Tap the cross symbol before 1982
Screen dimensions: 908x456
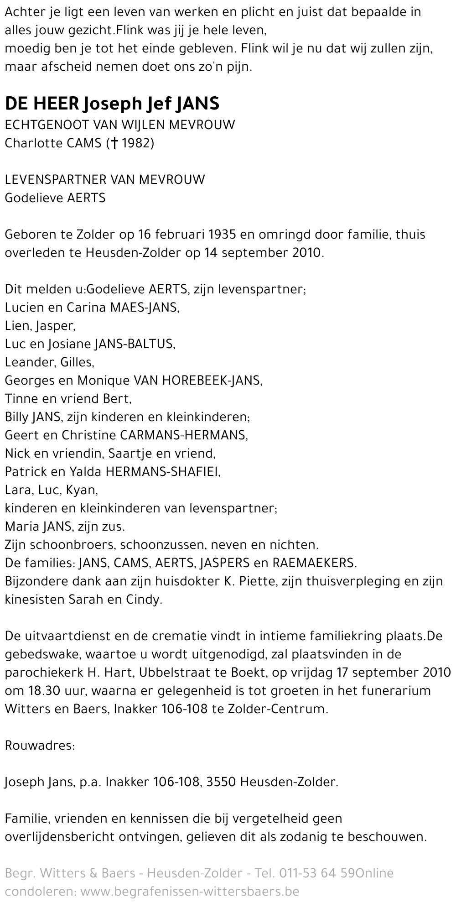click(x=115, y=143)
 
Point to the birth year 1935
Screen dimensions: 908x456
click(x=223, y=235)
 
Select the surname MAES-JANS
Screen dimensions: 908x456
click(x=145, y=308)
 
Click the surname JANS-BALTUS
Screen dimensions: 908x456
click(x=135, y=344)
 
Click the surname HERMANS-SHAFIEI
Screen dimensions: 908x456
click(x=162, y=472)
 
